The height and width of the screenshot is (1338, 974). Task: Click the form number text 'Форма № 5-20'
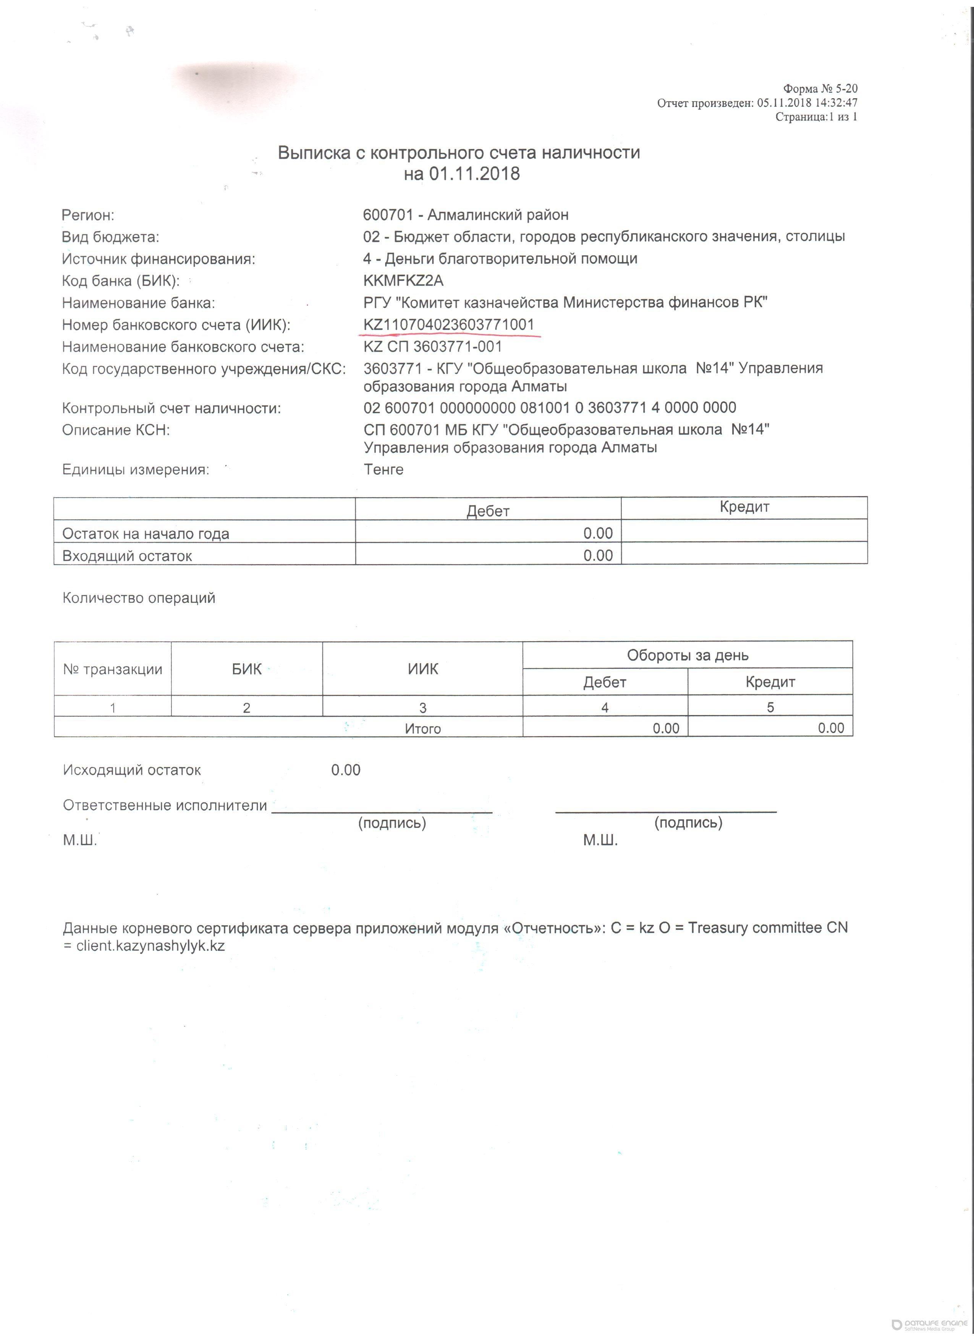pyautogui.click(x=820, y=89)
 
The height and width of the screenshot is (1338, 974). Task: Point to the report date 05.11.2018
pyautogui.click(x=784, y=103)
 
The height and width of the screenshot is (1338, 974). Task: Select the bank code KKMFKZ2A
pyautogui.click(x=403, y=281)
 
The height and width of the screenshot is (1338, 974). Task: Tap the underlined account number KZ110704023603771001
pyautogui.click(x=449, y=325)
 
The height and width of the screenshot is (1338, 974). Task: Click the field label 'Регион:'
pyautogui.click(x=88, y=215)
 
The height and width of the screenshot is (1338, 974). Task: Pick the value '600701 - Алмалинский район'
pyautogui.click(x=466, y=215)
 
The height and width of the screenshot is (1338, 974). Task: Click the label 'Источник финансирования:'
pyautogui.click(x=159, y=259)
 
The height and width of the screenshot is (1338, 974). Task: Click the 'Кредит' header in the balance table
pyautogui.click(x=744, y=507)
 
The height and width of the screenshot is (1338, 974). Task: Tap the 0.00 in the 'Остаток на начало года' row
pyautogui.click(x=598, y=533)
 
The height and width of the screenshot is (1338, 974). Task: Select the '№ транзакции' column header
pyautogui.click(x=113, y=670)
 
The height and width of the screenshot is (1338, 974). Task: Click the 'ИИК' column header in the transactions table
pyautogui.click(x=423, y=669)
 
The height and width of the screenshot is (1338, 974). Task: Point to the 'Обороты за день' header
pyautogui.click(x=688, y=655)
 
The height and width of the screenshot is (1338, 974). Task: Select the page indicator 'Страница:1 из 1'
pyautogui.click(x=816, y=117)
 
